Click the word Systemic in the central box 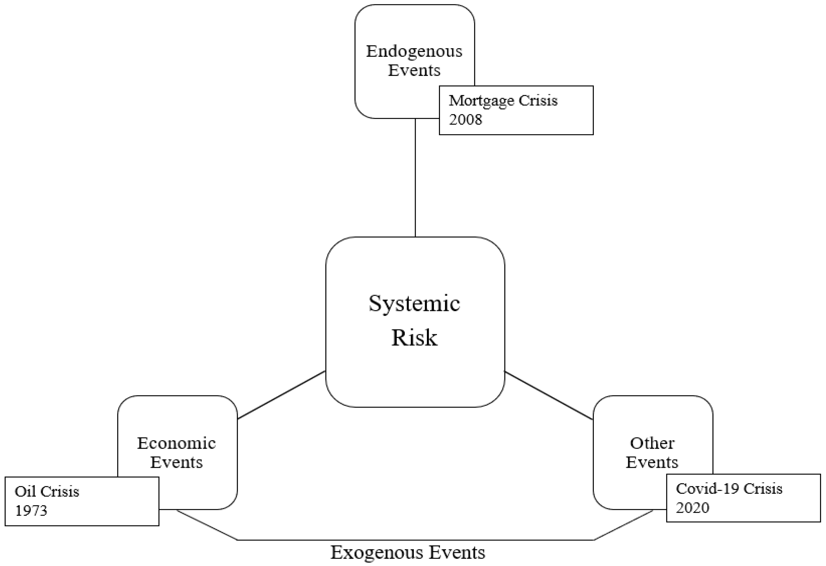(x=414, y=304)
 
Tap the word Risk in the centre (x=414, y=337)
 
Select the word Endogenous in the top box (x=414, y=51)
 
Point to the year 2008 (x=465, y=120)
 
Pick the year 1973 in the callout (x=31, y=510)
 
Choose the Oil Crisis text (x=47, y=491)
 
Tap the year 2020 (x=692, y=508)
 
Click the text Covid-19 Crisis (x=729, y=489)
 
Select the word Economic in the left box (x=176, y=443)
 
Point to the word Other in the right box (x=652, y=443)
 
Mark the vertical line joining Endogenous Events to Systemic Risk (x=415, y=177)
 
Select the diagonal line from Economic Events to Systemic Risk (x=281, y=395)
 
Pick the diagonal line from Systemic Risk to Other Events (x=549, y=396)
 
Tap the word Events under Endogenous (x=414, y=70)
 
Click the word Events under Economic (x=176, y=462)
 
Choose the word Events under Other (x=652, y=462)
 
